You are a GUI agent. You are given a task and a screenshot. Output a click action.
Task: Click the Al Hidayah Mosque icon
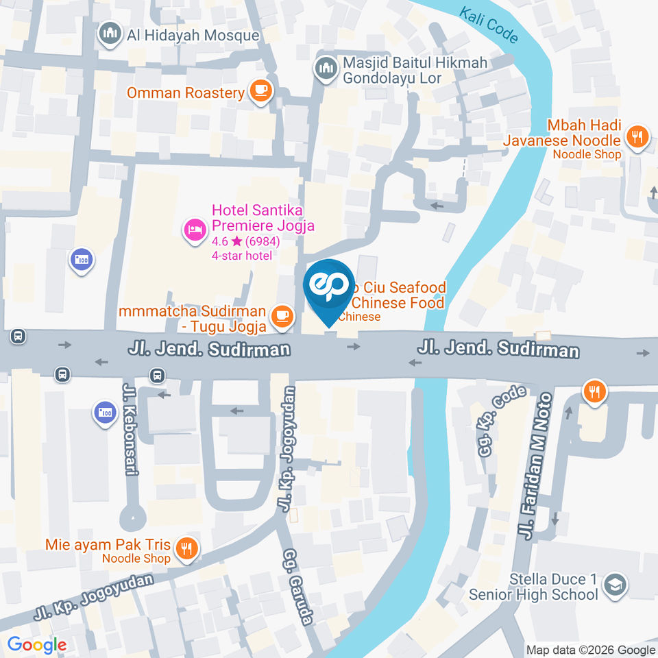(110, 34)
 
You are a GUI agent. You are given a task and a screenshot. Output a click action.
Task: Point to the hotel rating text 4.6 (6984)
(245, 241)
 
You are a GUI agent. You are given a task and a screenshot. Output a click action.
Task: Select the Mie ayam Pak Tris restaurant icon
(185, 547)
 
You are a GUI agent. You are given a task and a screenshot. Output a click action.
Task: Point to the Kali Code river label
(489, 25)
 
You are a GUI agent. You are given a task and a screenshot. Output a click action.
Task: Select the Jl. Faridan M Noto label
(535, 466)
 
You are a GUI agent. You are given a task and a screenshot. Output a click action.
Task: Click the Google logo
(36, 645)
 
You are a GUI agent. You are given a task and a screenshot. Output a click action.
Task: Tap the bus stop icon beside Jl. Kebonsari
(158, 374)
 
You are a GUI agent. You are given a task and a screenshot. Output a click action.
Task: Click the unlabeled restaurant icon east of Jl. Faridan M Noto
(594, 392)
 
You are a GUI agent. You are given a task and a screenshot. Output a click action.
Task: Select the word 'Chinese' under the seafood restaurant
(359, 317)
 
